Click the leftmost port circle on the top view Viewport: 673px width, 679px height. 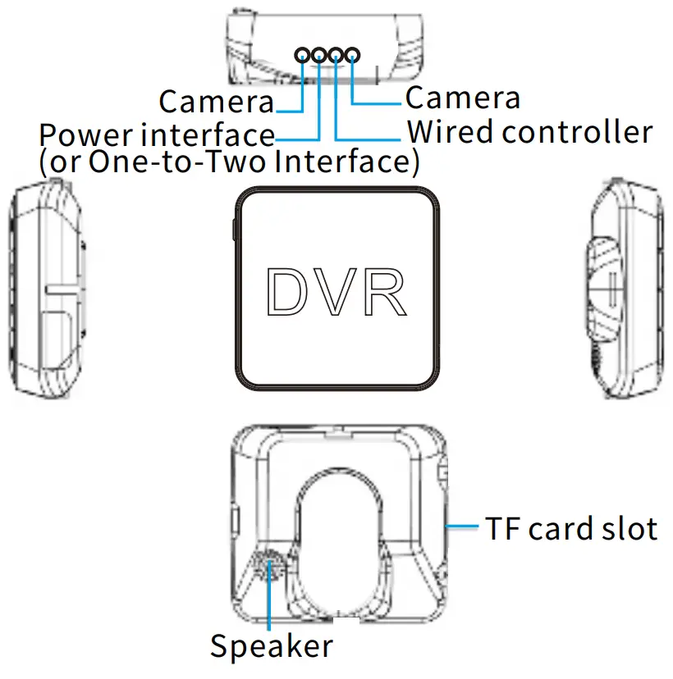coord(303,55)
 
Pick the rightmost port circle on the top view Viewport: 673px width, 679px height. coord(352,55)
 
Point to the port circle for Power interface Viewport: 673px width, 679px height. coord(319,55)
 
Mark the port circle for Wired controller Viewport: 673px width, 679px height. coord(336,55)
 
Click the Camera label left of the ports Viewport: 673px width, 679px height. coord(216,103)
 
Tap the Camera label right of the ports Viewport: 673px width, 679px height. coord(463,98)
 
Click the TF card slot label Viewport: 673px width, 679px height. coord(570,529)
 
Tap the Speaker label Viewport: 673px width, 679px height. coord(272,646)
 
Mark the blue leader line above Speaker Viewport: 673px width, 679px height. coord(270,603)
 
